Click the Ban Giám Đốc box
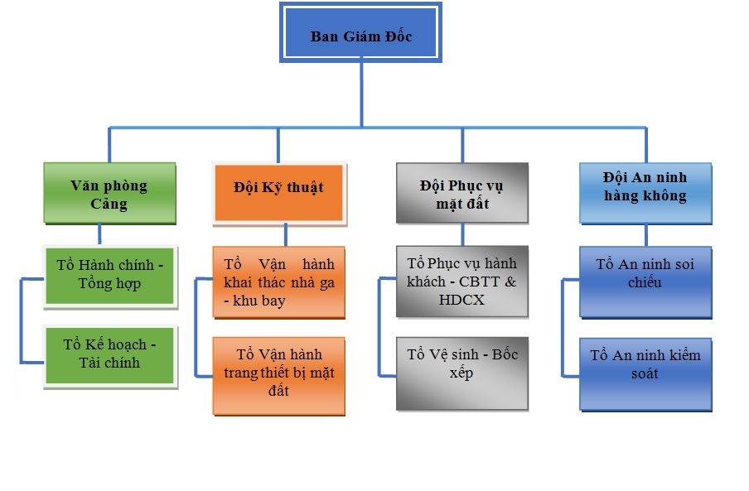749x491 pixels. (361, 34)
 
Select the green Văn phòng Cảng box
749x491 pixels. (109, 193)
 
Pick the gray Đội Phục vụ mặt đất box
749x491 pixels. (461, 192)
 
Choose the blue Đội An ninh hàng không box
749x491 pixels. (645, 192)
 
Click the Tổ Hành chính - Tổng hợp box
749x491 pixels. (109, 274)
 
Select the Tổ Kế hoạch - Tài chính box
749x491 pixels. (109, 354)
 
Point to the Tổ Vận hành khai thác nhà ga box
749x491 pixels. (278, 282)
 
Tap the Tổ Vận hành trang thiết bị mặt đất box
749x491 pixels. (278, 373)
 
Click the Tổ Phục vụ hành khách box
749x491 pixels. (461, 282)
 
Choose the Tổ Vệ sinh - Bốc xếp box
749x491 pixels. (461, 373)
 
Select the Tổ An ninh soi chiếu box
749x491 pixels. (645, 282)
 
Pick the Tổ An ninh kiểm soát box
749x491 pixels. (645, 373)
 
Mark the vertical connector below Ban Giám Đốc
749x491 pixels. (361, 95)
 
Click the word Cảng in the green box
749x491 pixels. (109, 204)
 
